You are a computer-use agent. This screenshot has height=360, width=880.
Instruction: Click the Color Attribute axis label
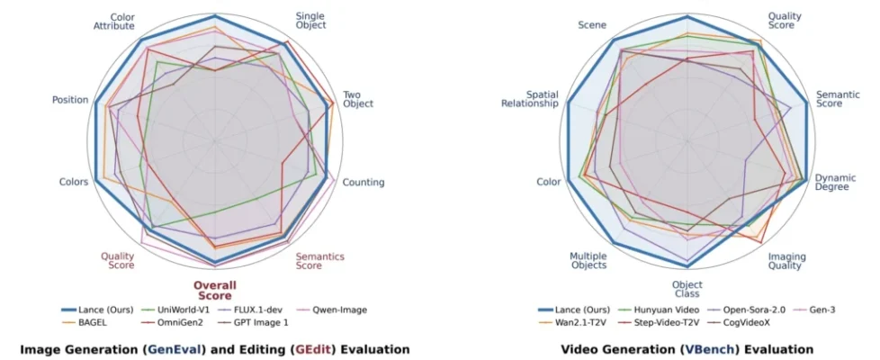click(x=114, y=22)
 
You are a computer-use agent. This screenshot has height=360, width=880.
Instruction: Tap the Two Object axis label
click(x=357, y=99)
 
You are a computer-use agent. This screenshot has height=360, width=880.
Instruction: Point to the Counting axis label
click(x=364, y=182)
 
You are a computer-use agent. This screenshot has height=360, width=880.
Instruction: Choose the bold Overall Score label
click(x=212, y=291)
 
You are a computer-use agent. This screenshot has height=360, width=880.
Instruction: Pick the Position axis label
click(x=70, y=100)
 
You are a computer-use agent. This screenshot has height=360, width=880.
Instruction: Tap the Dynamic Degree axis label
click(x=836, y=183)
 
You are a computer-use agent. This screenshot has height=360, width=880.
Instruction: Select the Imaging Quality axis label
click(x=786, y=261)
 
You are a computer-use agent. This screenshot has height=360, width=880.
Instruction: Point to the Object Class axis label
click(x=687, y=290)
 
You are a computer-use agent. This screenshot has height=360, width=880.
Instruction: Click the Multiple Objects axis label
click(x=588, y=260)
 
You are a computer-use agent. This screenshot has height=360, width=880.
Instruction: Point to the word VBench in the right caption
click(x=702, y=349)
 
